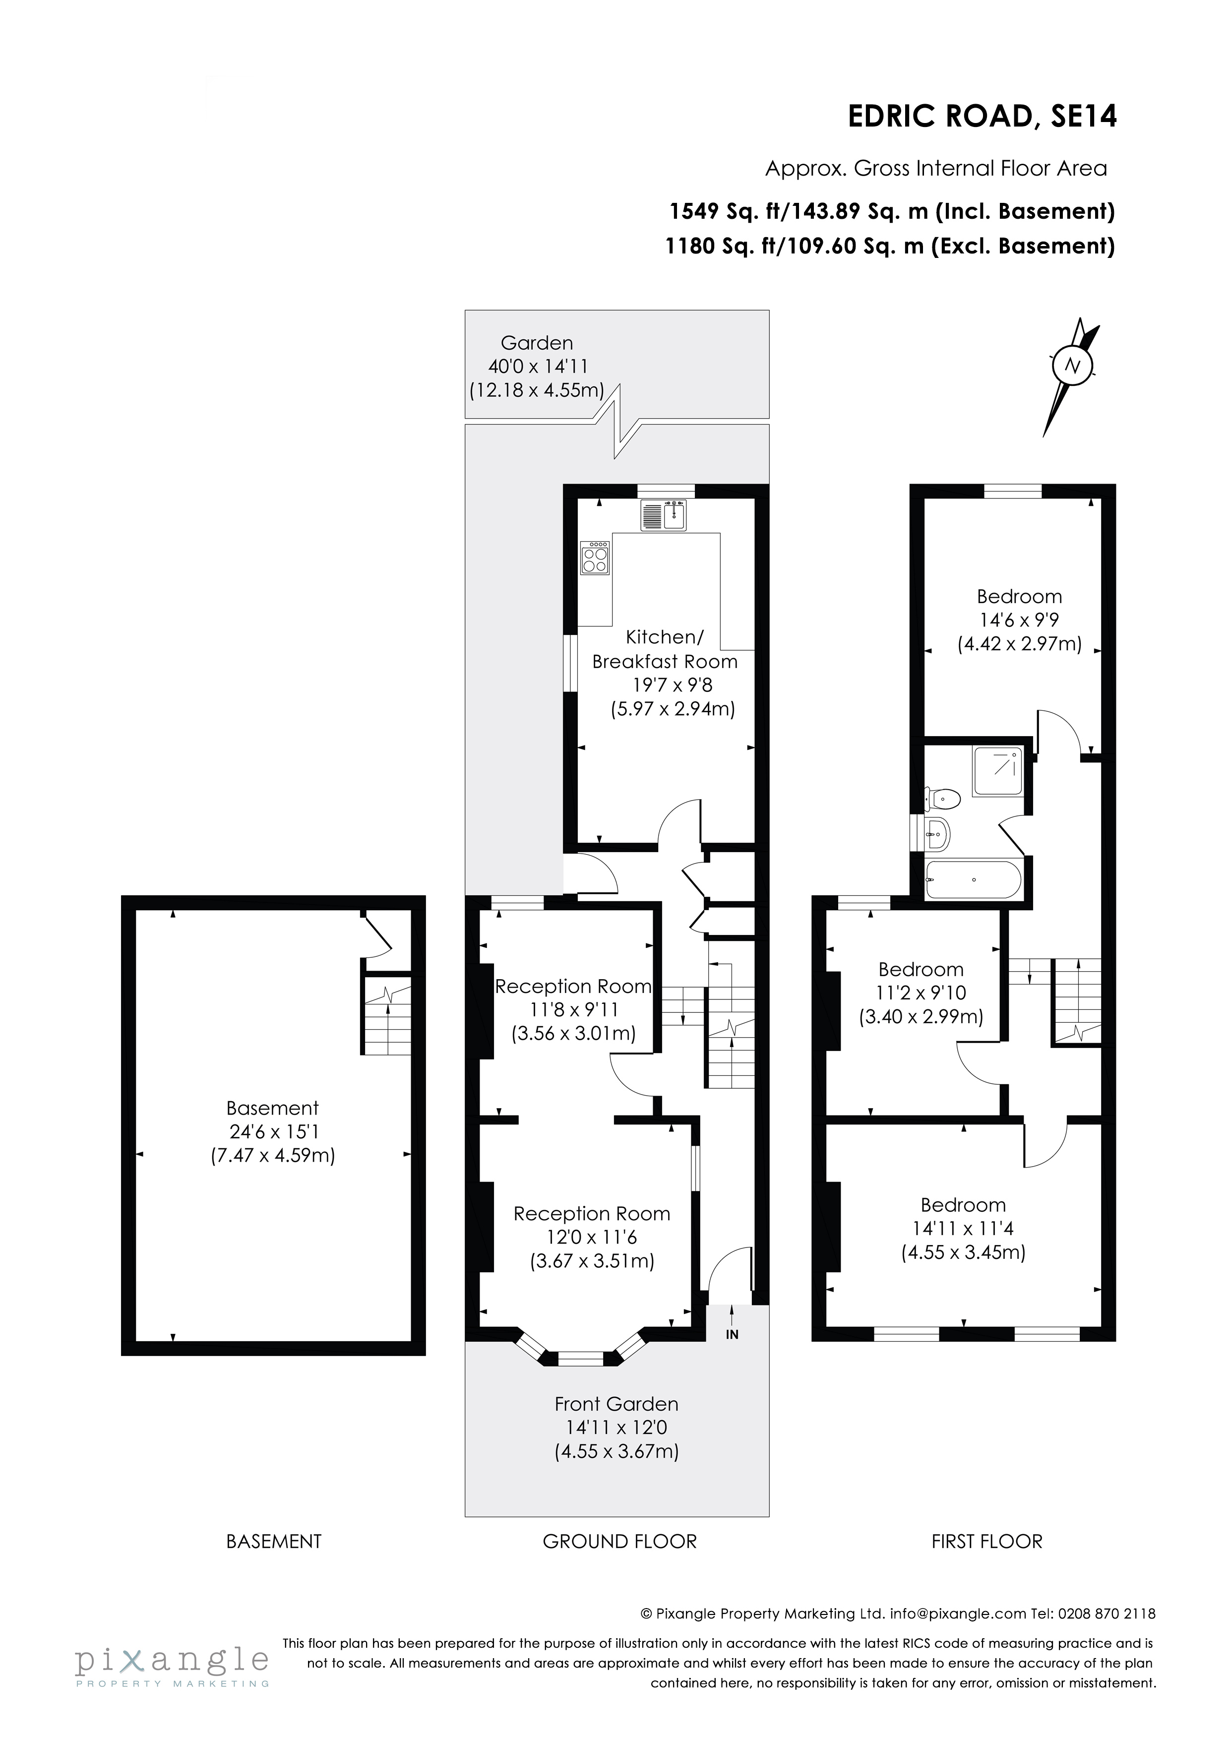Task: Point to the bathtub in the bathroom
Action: point(973,880)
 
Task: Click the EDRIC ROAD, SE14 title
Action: point(982,117)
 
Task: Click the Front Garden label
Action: point(616,1404)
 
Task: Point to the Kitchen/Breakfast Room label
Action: point(665,649)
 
